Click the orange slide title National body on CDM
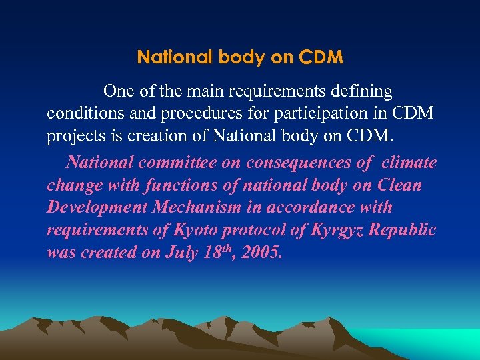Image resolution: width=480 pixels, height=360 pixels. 240,58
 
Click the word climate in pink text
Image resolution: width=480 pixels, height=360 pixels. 409,162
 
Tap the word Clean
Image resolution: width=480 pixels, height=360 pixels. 401,185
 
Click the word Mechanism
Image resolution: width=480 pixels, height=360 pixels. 197,207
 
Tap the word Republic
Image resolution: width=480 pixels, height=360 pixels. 403,231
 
